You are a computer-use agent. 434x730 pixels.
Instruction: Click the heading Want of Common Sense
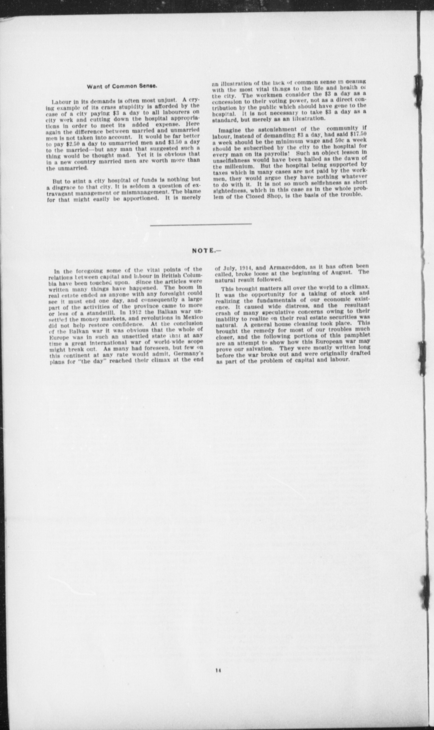(x=122, y=86)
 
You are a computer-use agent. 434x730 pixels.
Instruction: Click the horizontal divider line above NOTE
(x=201, y=224)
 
